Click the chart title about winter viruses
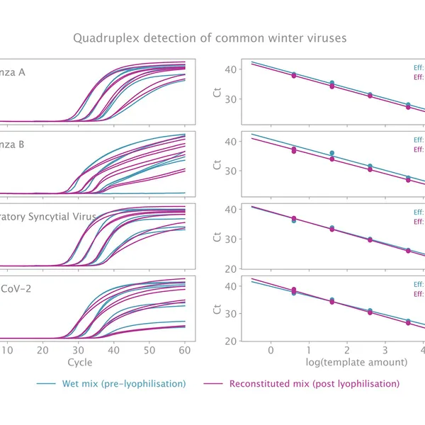[x=212, y=37]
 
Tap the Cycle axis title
[x=79, y=362]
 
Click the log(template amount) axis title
[x=346, y=362]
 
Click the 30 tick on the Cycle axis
[x=78, y=350]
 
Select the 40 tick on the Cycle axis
[x=113, y=350]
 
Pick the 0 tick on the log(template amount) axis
[x=270, y=350]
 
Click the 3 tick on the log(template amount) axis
[x=384, y=350]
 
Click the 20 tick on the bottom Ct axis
[x=229, y=341]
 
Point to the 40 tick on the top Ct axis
[x=229, y=69]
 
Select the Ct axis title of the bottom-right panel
[x=215, y=307]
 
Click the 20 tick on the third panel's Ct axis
[x=229, y=268]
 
